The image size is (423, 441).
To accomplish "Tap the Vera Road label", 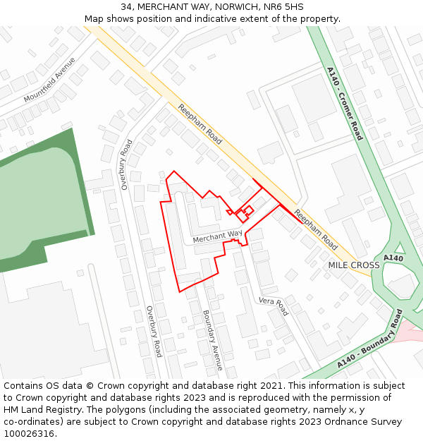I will tap(274, 306).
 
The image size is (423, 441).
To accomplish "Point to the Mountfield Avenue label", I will tap(49, 80).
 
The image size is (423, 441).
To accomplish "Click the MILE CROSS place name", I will tap(354, 265).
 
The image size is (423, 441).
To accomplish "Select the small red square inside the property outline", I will tap(248, 210).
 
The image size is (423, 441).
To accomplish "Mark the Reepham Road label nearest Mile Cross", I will tap(316, 230).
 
